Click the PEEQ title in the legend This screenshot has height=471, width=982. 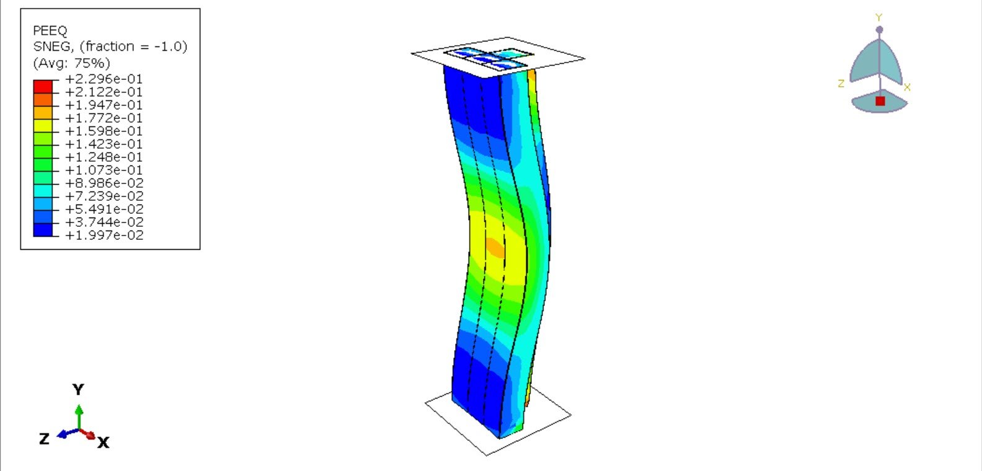pos(50,30)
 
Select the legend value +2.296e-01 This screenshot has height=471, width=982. pos(104,79)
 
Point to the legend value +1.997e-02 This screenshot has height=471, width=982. pos(104,235)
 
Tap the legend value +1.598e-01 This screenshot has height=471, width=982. pos(104,131)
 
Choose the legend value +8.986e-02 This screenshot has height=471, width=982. pos(104,183)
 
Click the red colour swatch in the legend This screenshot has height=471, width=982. pos(43,86)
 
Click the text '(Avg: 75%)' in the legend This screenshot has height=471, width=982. pos(71,63)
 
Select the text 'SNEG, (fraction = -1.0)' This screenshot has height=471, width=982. pos(110,46)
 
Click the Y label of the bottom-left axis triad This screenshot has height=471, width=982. pos(78,389)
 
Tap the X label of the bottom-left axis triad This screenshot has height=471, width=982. pos(104,442)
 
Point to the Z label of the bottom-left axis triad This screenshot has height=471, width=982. pos(44,439)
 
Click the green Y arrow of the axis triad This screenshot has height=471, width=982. pos(79,412)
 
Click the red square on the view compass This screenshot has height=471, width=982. pos(880,101)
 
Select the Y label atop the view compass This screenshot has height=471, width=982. pos(878,18)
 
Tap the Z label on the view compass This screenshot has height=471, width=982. pos(841,84)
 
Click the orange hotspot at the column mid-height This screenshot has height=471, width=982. pos(495,247)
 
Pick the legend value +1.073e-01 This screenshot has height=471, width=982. pos(104,170)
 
